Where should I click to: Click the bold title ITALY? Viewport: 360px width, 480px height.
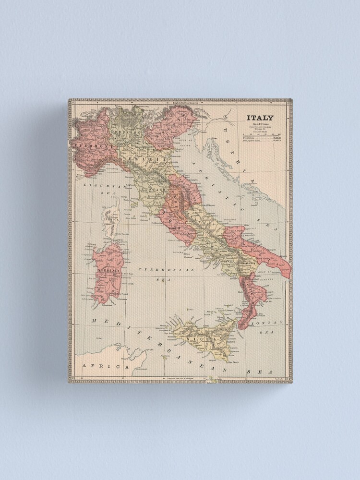(x=260, y=118)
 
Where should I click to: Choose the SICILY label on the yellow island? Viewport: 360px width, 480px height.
(x=206, y=338)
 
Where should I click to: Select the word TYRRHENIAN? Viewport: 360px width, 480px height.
(x=166, y=270)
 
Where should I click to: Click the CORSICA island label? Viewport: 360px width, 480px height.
(x=111, y=218)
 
